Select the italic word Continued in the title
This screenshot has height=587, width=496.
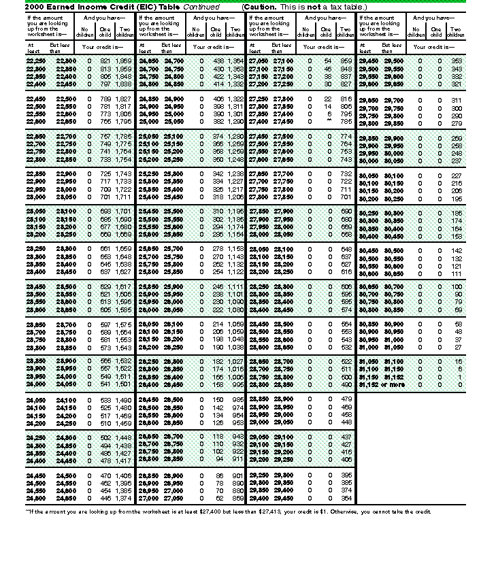201,6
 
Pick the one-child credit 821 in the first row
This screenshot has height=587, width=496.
104,61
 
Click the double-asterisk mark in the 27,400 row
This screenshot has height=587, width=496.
328,122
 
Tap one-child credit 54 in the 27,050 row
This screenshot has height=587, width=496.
327,61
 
